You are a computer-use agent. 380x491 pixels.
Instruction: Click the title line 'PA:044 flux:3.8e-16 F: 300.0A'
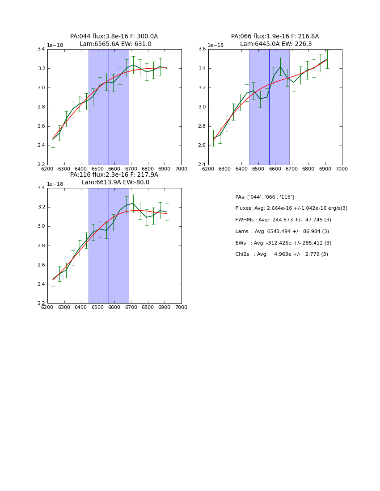click(114, 37)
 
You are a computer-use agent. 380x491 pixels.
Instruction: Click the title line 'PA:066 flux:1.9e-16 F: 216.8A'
click(275, 37)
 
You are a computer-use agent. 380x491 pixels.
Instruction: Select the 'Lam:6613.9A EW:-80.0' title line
click(115, 183)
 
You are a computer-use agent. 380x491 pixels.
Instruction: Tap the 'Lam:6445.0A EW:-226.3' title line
click(276, 44)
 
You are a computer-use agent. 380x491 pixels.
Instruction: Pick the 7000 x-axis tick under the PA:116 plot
click(182, 307)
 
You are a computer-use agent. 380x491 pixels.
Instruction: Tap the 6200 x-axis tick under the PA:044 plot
click(47, 169)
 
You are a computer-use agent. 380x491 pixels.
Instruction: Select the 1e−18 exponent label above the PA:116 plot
click(55, 184)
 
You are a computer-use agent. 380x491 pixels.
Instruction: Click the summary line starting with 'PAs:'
click(265, 197)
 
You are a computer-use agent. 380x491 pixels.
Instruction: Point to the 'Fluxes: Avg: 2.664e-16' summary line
click(291, 208)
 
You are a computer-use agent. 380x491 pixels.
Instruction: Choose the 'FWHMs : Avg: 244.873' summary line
click(283, 220)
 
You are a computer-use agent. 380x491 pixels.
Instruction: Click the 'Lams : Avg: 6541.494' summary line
click(282, 231)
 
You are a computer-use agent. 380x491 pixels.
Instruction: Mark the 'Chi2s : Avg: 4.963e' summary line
click(282, 254)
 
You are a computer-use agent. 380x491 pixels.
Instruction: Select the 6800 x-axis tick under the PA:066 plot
click(308, 169)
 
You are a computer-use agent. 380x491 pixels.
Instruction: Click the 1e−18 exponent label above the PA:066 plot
click(216, 46)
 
